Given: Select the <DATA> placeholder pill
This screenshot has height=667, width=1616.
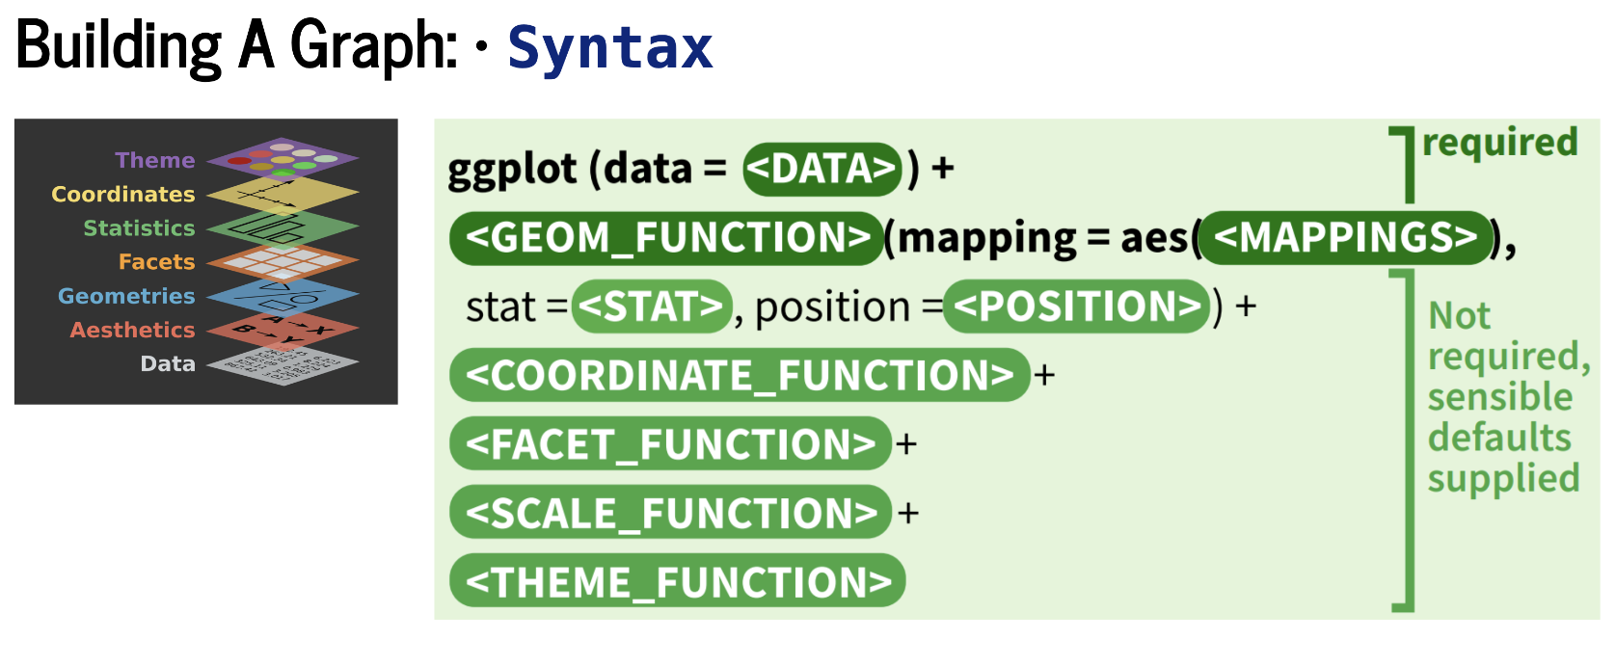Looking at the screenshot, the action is pos(822,170).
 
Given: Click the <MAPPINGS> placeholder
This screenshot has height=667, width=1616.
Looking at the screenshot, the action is pos(1346,238).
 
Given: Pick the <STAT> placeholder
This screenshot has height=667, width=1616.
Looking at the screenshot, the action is pos(652,307).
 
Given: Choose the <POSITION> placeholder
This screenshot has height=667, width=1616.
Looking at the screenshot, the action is pos(1076,307).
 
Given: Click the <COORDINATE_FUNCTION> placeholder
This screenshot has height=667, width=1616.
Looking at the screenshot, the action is pos(740,375).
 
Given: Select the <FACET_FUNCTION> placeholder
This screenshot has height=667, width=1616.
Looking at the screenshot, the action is pos(671,443).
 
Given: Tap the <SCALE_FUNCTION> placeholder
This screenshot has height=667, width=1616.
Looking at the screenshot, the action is pos(671,512).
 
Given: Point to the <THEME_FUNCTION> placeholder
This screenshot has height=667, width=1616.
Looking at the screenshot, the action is pos(678,580).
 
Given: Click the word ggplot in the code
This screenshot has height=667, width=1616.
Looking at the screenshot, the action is pos(512,171).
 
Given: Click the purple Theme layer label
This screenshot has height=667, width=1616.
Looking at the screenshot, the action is pos(155,160).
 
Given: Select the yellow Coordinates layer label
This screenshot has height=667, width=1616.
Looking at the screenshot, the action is pos(123,194).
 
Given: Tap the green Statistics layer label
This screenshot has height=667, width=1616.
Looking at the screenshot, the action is pos(139,227).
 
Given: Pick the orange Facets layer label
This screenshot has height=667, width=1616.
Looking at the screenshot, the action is pos(156,262).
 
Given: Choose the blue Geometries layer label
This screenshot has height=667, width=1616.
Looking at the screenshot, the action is pos(126,296).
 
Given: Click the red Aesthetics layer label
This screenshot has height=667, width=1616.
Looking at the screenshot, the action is pos(132,330).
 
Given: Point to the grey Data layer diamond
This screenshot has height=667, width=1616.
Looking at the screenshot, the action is pos(283,365).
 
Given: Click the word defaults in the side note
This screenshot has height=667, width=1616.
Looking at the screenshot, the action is pos(1499,438).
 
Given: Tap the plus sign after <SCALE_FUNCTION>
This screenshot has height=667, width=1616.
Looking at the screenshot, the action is pos(907,514).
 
